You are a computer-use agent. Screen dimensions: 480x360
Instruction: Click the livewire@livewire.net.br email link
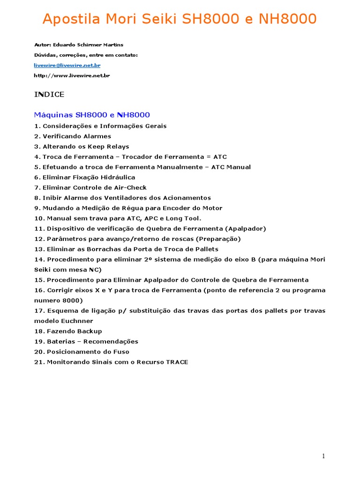point(67,65)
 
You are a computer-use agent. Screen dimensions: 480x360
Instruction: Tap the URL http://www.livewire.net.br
point(72,75)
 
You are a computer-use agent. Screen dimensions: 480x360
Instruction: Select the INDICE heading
point(49,95)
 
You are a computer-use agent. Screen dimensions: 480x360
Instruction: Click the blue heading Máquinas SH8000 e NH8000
point(92,115)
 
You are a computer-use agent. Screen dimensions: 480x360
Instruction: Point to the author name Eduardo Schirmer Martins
point(86,45)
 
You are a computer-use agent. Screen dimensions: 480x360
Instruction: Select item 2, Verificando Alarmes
point(73,136)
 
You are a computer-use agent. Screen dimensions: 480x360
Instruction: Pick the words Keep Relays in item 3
point(112,147)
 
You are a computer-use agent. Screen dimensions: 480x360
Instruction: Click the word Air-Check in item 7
point(127,187)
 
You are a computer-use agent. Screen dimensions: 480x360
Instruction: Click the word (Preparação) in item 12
point(219,239)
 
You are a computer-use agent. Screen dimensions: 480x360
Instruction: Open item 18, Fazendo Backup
point(68,331)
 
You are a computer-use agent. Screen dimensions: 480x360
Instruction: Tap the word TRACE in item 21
point(177,362)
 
